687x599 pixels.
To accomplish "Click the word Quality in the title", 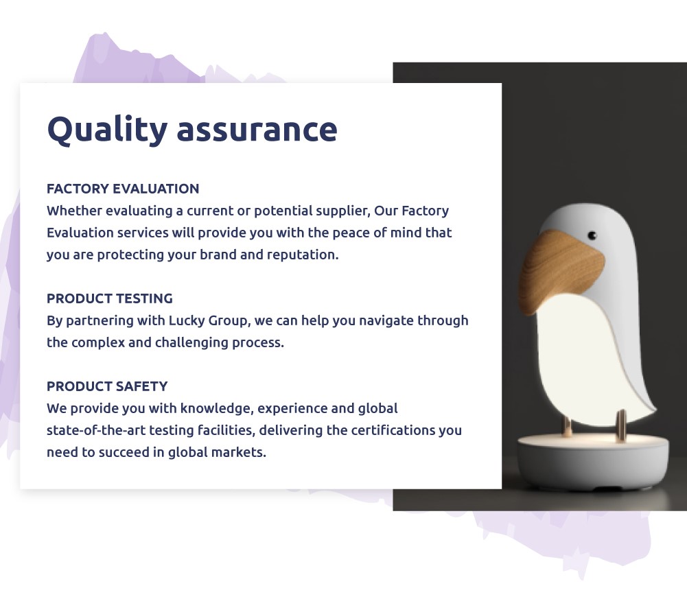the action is click(107, 130).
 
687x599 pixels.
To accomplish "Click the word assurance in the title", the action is click(257, 130).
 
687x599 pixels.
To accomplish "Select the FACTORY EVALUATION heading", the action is click(123, 189).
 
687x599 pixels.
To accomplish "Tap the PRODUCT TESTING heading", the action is click(110, 298).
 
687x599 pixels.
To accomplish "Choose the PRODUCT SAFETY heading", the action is click(107, 386).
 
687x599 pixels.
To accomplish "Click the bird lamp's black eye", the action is click(592, 236).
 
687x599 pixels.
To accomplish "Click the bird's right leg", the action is click(621, 425).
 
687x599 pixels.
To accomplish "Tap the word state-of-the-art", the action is click(96, 430).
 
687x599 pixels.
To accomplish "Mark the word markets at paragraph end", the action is click(238, 452).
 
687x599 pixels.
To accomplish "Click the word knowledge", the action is click(217, 409).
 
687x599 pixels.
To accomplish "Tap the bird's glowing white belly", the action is click(583, 360).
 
